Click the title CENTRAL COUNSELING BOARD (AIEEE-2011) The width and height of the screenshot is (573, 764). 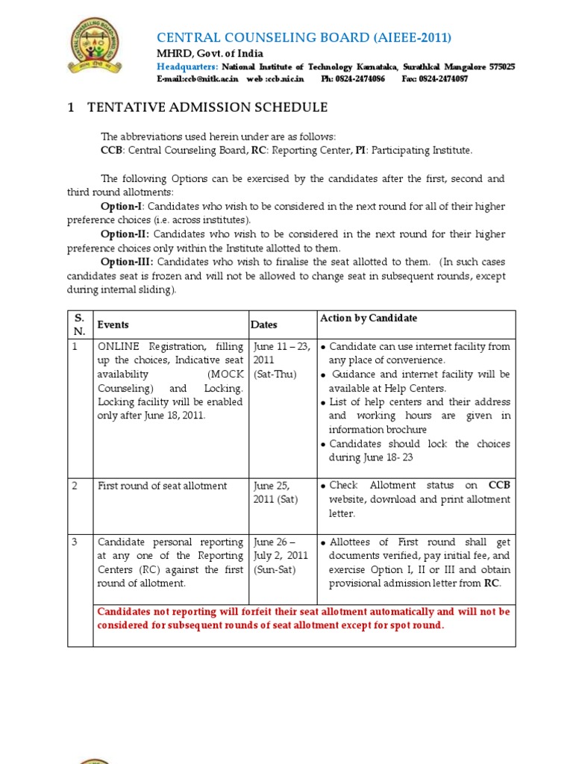[304, 38]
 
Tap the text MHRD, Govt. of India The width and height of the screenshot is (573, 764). [210, 54]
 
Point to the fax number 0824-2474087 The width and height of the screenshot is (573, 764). [444, 78]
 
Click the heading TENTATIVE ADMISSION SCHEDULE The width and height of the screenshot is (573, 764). [207, 107]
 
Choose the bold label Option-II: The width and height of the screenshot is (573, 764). [123, 234]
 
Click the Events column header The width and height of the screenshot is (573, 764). [113, 325]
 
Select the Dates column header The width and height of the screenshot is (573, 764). [265, 325]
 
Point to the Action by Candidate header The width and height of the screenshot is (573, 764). [369, 318]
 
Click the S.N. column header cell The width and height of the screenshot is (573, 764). [79, 325]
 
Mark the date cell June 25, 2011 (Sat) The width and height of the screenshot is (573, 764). [276, 492]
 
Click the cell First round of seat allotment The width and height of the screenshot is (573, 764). [163, 486]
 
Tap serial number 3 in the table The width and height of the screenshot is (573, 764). [75, 542]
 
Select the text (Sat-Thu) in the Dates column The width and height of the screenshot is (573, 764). [276, 373]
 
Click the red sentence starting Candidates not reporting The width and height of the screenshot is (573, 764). [304, 618]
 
